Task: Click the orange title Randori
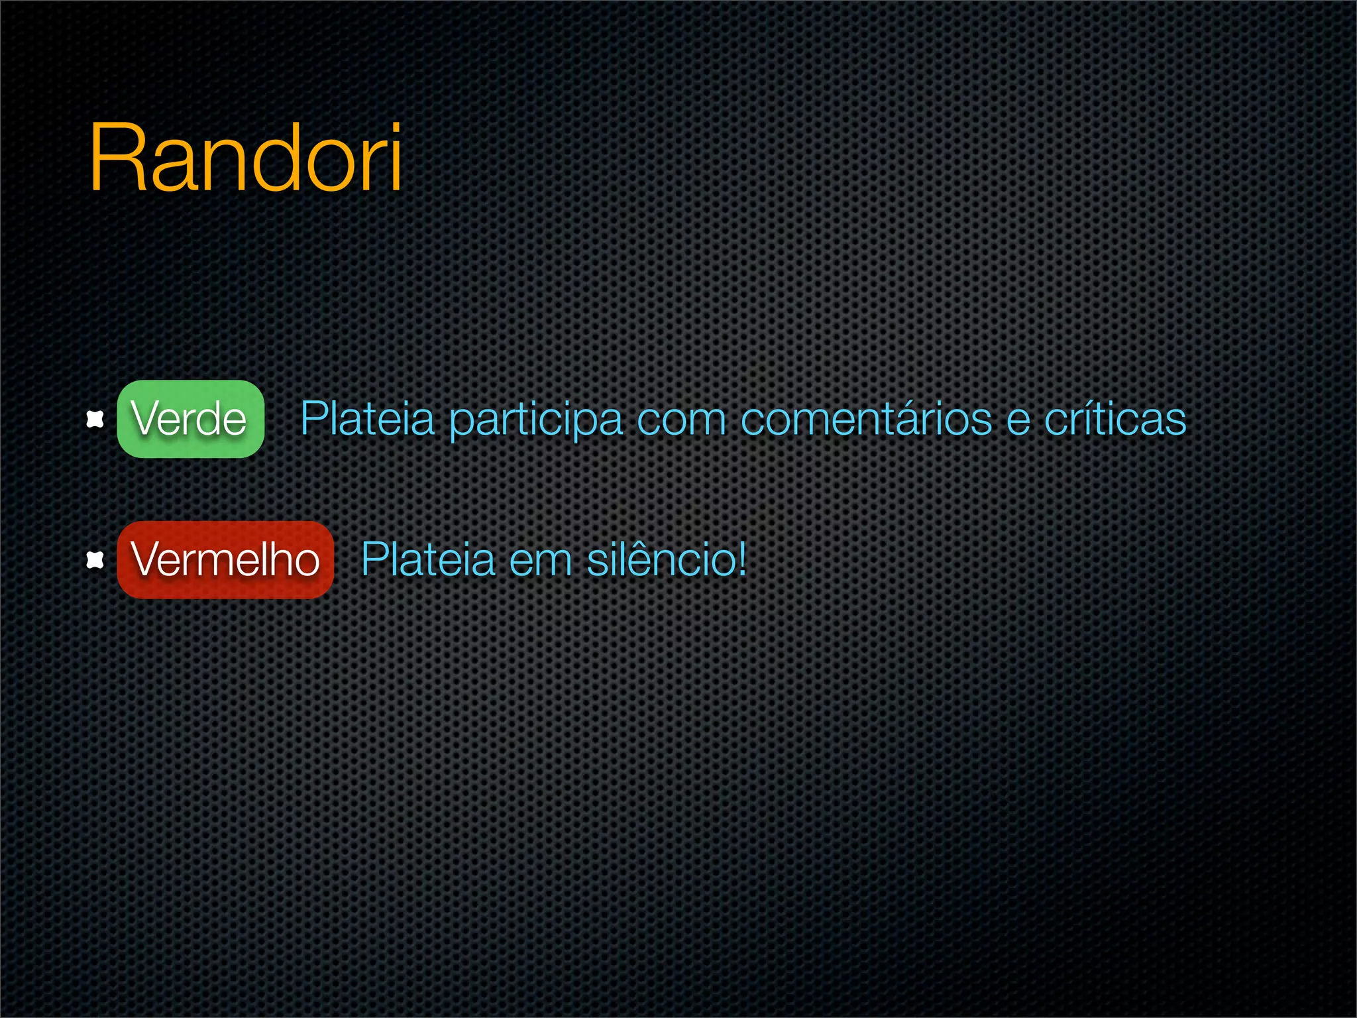click(x=245, y=159)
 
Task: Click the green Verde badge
click(x=191, y=419)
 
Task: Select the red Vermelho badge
click(x=225, y=560)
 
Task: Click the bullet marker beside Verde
click(x=95, y=420)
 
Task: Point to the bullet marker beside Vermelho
click(x=95, y=561)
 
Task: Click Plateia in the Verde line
click(x=368, y=419)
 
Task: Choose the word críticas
click(x=1115, y=419)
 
